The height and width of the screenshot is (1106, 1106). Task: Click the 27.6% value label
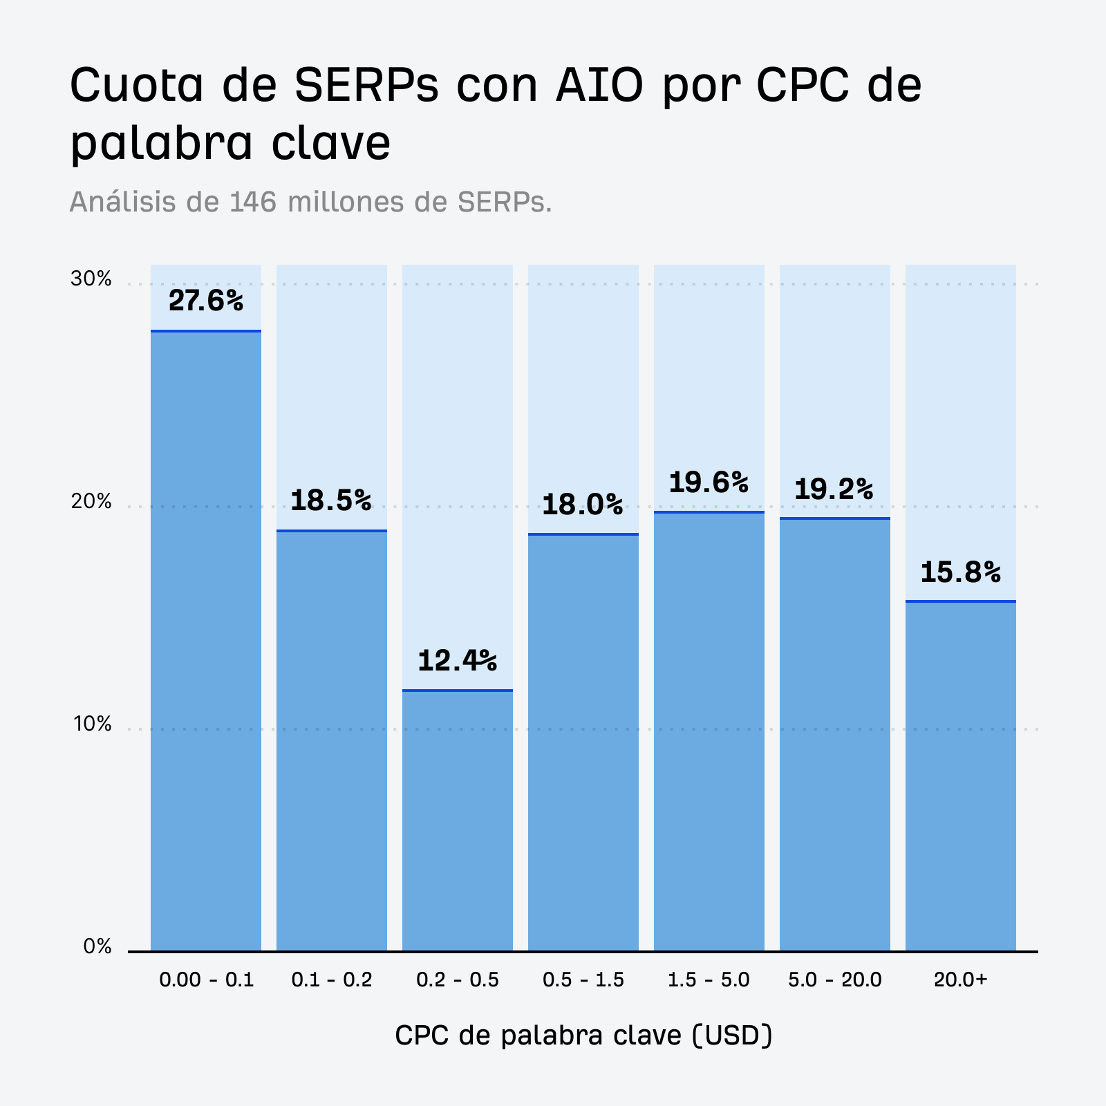(x=206, y=301)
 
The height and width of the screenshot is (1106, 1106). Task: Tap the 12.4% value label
(x=457, y=661)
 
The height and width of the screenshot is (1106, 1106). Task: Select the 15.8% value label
(x=960, y=572)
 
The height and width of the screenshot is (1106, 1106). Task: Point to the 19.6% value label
(x=709, y=482)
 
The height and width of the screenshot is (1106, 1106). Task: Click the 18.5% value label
(x=330, y=500)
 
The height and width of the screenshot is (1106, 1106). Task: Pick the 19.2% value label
(x=834, y=489)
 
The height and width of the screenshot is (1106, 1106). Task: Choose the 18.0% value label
(x=582, y=505)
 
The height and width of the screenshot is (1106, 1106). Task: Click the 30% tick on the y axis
(x=91, y=279)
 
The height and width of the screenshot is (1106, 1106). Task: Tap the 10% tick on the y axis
(x=91, y=724)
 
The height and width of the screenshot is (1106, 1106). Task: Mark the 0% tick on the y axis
(x=97, y=946)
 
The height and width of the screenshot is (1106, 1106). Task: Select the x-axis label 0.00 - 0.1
(x=206, y=980)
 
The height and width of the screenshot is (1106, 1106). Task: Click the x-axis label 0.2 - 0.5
(x=457, y=980)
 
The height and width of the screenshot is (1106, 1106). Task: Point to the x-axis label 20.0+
(x=960, y=980)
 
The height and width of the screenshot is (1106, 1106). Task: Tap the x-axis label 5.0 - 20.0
(x=834, y=980)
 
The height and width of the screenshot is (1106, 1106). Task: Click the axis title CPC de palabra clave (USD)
(x=583, y=1035)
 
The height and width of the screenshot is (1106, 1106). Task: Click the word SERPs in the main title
(x=366, y=85)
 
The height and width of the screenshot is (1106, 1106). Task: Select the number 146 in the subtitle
(x=253, y=202)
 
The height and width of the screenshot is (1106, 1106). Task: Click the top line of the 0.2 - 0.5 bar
(x=457, y=690)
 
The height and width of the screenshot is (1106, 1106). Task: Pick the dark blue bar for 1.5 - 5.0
(x=709, y=733)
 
